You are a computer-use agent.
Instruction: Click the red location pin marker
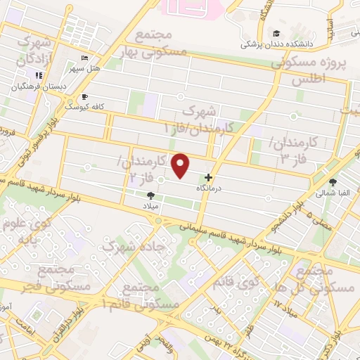click(181, 166)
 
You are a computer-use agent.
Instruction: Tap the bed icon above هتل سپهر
click(84, 58)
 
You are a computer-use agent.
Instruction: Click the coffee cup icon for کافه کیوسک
click(85, 96)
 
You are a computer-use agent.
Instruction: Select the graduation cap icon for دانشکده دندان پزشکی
click(276, 33)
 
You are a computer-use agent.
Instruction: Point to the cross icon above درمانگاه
click(207, 178)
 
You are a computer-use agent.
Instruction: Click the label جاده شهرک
click(127, 246)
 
